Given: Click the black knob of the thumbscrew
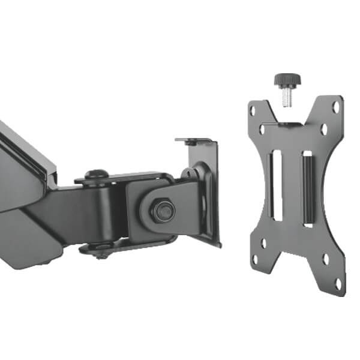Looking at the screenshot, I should pyautogui.click(x=287, y=80).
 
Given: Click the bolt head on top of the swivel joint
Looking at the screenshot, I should pyautogui.click(x=95, y=175).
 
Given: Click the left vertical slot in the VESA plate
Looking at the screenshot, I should pyautogui.click(x=276, y=186).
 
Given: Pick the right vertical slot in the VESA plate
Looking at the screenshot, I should pyautogui.click(x=308, y=188).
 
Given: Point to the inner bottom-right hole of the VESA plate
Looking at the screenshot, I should pyautogui.click(x=325, y=259).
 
